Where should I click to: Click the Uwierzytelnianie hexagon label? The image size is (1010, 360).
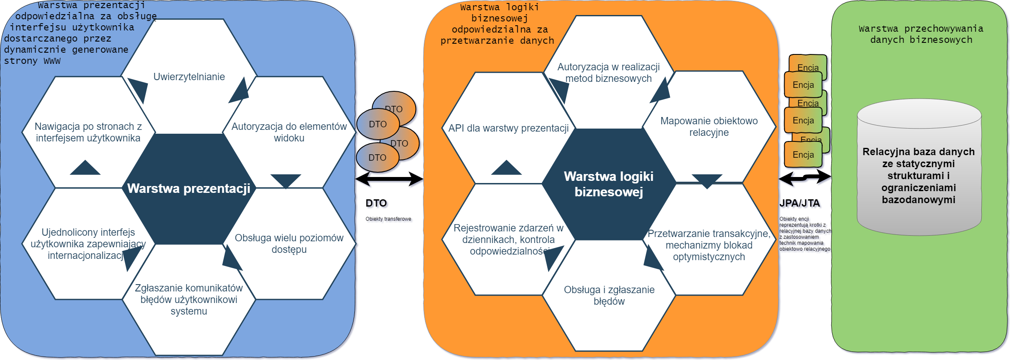(189, 77)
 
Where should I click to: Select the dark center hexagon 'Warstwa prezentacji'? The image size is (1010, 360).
(189, 189)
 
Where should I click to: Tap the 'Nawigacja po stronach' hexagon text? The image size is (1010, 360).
(88, 132)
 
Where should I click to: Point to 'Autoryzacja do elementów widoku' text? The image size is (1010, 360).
(289, 132)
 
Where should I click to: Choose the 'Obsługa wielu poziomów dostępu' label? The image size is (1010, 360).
(289, 243)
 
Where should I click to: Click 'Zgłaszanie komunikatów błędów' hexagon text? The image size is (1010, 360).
(189, 299)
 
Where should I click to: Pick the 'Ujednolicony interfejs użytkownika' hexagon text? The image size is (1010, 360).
(88, 243)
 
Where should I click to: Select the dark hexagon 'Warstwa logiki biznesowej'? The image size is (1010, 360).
(608, 184)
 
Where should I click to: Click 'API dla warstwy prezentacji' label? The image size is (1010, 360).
(509, 128)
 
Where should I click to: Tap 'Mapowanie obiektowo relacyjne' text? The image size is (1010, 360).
(709, 126)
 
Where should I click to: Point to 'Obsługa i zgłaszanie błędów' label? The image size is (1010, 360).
(609, 295)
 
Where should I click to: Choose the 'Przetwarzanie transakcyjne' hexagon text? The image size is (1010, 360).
(709, 245)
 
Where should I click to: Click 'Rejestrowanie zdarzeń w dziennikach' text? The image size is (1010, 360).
(509, 239)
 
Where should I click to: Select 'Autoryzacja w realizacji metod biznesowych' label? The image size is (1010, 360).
(608, 72)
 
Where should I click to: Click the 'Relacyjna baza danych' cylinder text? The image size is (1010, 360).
(918, 175)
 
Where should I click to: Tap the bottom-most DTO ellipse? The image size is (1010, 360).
(378, 158)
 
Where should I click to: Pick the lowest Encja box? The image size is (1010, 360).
(803, 155)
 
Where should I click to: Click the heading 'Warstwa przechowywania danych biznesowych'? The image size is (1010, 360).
(921, 34)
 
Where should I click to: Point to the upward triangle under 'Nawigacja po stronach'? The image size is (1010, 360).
(85, 168)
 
